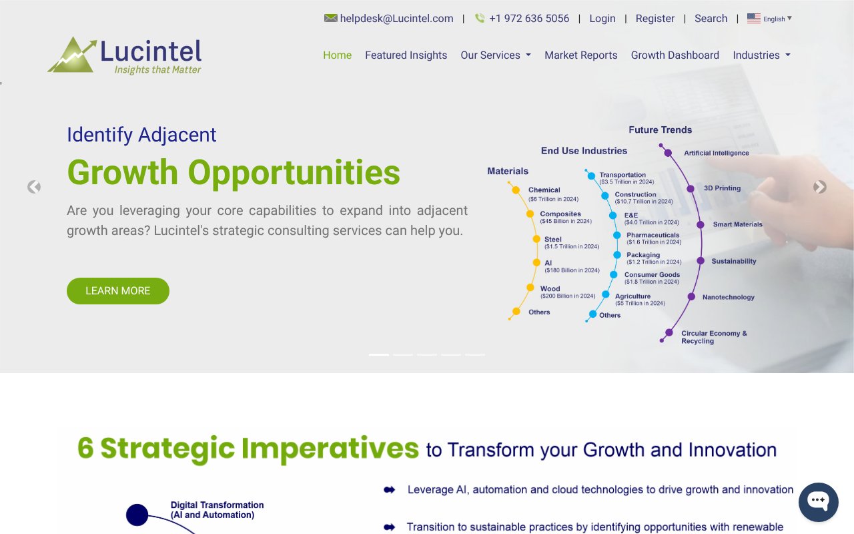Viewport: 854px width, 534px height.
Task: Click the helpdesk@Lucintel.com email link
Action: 396,19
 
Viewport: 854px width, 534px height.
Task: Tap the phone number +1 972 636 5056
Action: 528,19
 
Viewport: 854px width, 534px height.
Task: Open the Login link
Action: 602,19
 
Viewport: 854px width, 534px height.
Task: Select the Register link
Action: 655,19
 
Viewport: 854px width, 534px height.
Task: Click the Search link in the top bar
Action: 711,19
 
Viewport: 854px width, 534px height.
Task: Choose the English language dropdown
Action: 770,19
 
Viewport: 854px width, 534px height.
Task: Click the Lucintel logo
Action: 125,55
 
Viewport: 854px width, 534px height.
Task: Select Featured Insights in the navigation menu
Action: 406,55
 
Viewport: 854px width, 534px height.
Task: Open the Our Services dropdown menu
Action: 495,55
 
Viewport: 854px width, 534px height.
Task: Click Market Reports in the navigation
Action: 580,55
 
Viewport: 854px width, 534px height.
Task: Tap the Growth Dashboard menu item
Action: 675,55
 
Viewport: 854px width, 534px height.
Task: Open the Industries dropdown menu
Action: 761,55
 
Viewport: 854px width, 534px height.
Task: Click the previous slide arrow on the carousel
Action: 34,188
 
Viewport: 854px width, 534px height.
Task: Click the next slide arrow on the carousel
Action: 820,188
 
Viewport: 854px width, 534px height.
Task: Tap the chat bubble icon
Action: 818,502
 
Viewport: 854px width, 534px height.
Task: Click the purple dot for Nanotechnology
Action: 691,297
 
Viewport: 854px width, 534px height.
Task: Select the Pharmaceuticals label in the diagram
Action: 653,235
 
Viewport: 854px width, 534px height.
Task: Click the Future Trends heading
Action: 660,129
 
